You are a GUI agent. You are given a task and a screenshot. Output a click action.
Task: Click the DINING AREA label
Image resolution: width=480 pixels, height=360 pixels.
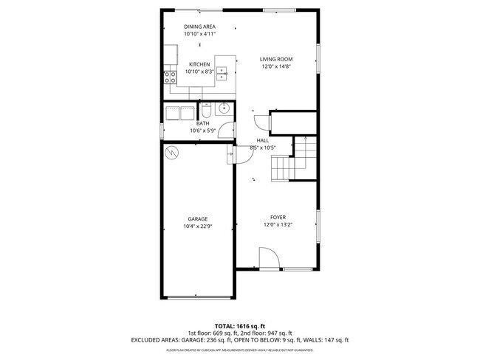coord(199,27)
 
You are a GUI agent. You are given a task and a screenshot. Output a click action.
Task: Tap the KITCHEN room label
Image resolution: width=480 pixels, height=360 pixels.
coord(199,64)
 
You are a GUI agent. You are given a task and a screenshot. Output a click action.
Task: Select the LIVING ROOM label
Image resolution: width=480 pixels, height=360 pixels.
coord(277,59)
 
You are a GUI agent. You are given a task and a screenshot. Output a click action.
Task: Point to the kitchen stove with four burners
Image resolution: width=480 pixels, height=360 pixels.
coord(171,76)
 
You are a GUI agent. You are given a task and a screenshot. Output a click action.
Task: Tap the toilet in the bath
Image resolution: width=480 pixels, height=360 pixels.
coord(207,111)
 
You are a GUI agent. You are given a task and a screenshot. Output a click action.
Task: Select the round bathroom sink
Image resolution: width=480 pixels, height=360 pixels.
coord(224,110)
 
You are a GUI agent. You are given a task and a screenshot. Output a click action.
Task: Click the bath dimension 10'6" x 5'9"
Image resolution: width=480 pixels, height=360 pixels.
coord(202,131)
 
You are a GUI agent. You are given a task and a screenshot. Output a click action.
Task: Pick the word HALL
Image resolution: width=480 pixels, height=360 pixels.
coord(262,140)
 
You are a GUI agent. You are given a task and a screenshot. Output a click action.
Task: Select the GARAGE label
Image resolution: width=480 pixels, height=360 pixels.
coord(196,219)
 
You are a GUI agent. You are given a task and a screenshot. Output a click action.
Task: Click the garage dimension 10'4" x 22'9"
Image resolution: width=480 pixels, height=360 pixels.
coord(196,226)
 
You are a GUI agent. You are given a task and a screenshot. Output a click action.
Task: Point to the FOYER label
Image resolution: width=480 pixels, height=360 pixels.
coord(278,218)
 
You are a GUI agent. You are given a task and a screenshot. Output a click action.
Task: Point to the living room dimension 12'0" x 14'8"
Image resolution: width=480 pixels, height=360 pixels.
coord(277,66)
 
